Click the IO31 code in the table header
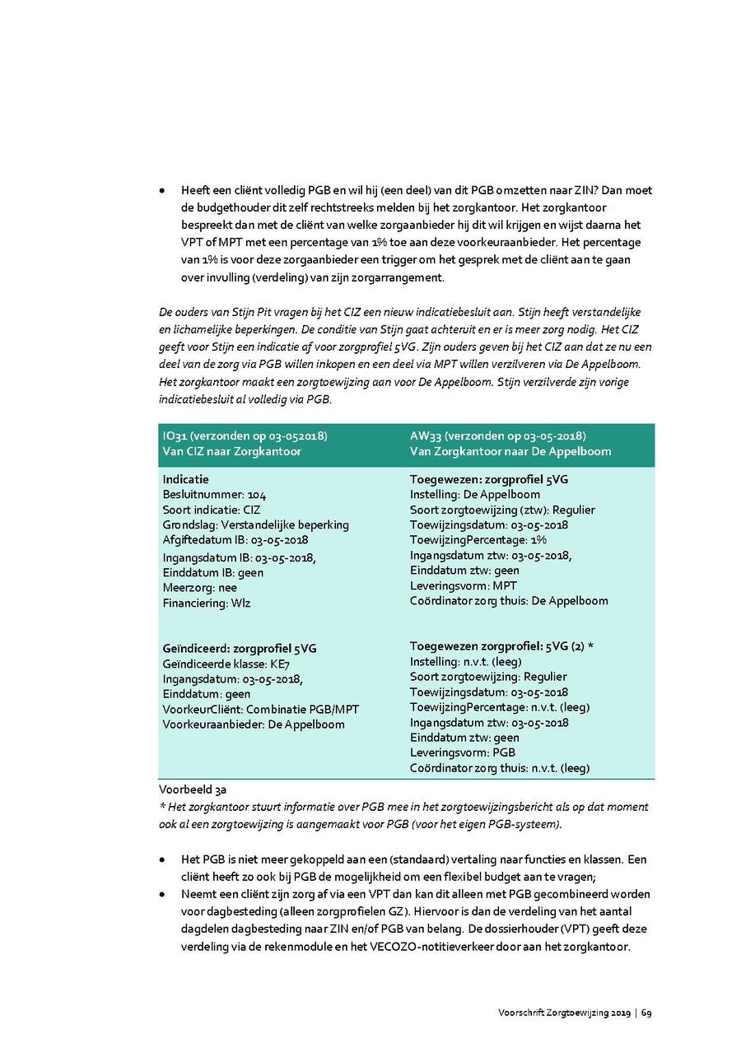click(175, 436)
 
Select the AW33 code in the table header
click(424, 436)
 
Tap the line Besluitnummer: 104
click(214, 494)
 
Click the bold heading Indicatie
click(185, 478)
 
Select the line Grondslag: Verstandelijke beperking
click(255, 524)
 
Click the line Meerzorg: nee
click(199, 588)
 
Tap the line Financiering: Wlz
click(206, 603)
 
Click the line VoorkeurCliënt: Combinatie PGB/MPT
click(260, 709)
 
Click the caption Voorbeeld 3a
click(187, 789)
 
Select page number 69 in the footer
click(647, 1013)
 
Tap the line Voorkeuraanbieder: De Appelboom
click(254, 724)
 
